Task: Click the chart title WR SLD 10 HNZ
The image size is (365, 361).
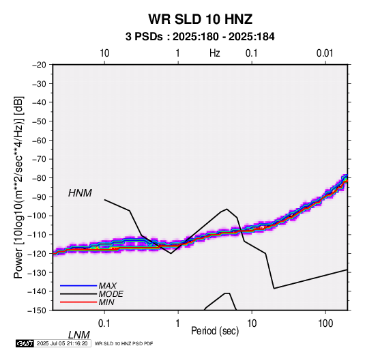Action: [x=201, y=19]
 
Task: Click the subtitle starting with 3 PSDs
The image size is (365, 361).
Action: [x=200, y=37]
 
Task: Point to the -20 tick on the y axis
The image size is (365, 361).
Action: [x=39, y=65]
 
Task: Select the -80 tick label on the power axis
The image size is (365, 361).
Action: [x=39, y=178]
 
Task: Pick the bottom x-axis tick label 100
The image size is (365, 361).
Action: [x=325, y=323]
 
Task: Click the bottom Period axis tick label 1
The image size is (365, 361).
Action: [x=178, y=323]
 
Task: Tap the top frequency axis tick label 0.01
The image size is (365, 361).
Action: [x=325, y=53]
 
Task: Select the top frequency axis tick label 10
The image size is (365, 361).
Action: [x=104, y=53]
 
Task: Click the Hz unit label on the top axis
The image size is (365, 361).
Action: [x=215, y=53]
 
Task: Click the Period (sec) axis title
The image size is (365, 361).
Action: [x=215, y=331]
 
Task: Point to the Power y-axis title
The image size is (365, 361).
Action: [x=18, y=187]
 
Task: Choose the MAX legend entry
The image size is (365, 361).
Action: [x=107, y=286]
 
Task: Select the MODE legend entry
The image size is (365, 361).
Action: [x=111, y=294]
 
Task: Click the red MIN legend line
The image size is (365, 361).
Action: [x=78, y=302]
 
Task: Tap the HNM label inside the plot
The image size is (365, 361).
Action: [x=80, y=193]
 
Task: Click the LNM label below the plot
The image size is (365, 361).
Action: [x=79, y=335]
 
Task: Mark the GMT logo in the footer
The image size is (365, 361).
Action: [x=25, y=343]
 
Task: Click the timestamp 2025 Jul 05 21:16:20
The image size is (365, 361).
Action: [x=62, y=343]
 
